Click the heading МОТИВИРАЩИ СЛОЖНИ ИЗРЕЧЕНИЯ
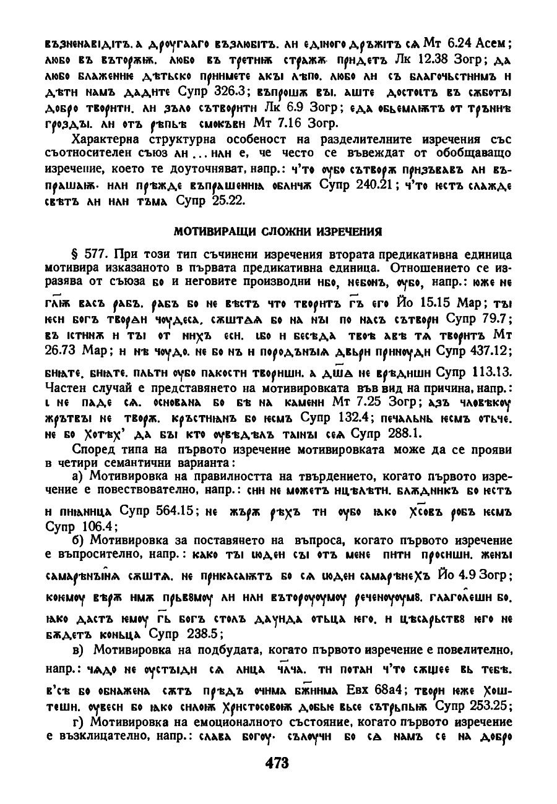[278, 231]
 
